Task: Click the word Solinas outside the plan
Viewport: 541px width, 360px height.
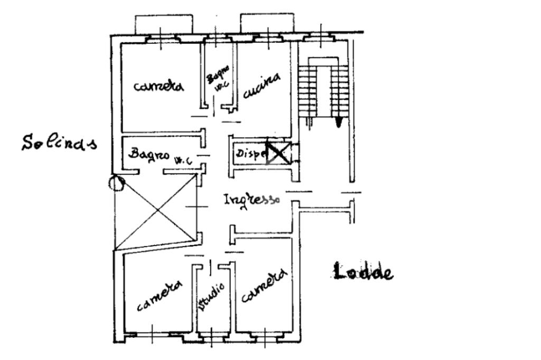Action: [x=59, y=143]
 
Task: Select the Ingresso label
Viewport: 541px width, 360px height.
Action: [x=251, y=200]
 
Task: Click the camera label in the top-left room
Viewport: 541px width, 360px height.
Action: [x=158, y=86]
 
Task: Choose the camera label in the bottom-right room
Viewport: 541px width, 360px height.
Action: [x=264, y=287]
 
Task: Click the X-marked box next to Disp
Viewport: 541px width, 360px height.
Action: [x=277, y=153]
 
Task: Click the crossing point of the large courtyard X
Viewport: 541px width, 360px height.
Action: [x=157, y=211]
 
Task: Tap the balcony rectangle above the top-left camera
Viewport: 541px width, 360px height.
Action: [x=164, y=24]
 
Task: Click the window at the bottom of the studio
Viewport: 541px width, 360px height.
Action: [x=212, y=336]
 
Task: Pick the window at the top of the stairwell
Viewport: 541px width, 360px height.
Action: [x=320, y=37]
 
